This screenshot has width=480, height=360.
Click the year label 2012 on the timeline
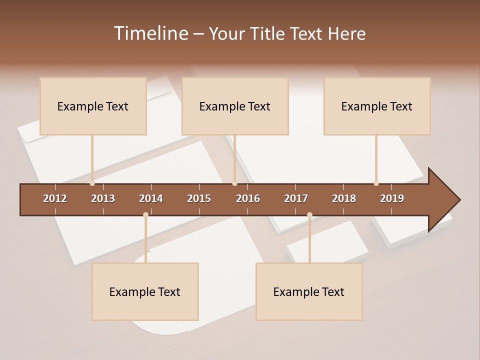tap(55, 198)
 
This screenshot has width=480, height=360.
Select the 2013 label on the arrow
tap(103, 198)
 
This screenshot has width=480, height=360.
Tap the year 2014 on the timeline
tap(151, 198)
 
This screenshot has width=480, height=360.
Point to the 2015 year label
tap(199, 198)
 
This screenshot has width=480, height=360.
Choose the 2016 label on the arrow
tap(248, 198)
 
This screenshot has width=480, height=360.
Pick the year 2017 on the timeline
tap(296, 198)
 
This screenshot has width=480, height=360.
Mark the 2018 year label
tap(344, 198)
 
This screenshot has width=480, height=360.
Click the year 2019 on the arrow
tap(392, 198)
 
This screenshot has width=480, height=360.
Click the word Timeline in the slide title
tap(150, 33)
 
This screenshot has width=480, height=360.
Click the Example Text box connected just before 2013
tap(93, 106)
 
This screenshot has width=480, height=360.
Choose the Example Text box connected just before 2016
tap(235, 106)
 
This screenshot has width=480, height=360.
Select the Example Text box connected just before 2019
tap(377, 106)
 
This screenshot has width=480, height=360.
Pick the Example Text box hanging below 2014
tap(145, 291)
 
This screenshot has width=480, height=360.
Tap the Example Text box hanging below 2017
tap(309, 291)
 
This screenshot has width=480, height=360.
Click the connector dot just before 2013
tap(92, 183)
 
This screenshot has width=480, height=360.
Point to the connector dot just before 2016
tap(234, 183)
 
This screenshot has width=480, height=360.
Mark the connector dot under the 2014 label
tap(145, 215)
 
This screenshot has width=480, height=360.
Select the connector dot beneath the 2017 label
tap(309, 215)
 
